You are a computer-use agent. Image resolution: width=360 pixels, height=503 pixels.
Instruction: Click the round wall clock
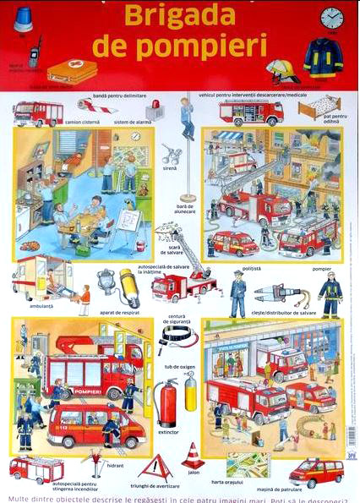pyautogui.click(x=331, y=18)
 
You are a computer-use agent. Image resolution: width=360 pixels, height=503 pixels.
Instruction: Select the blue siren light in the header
pyautogui.click(x=24, y=18)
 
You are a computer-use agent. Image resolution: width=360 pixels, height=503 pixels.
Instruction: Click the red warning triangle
pyautogui.click(x=155, y=467)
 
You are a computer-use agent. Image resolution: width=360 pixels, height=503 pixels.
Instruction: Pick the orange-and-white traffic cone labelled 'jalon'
pyautogui.click(x=194, y=456)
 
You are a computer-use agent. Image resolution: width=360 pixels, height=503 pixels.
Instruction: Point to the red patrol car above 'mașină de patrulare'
pyautogui.click(x=317, y=472)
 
